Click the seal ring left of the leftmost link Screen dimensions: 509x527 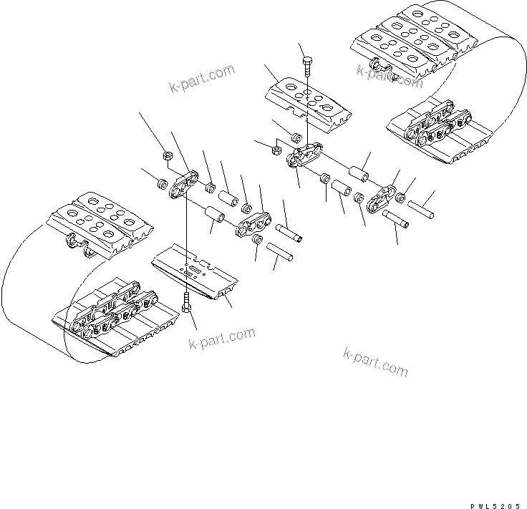162,184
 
